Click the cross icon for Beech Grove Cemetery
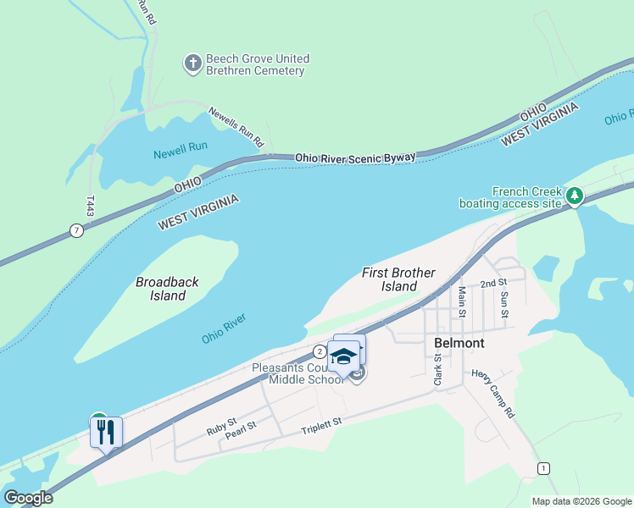193,63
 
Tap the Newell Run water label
181,146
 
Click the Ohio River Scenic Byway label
355,157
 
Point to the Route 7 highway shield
76,230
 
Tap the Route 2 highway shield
319,351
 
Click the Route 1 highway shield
543,468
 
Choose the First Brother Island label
398,279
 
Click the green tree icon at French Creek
575,196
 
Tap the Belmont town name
459,343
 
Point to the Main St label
463,301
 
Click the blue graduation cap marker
344,356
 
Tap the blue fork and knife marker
107,433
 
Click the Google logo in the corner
29,497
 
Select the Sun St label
504,303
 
